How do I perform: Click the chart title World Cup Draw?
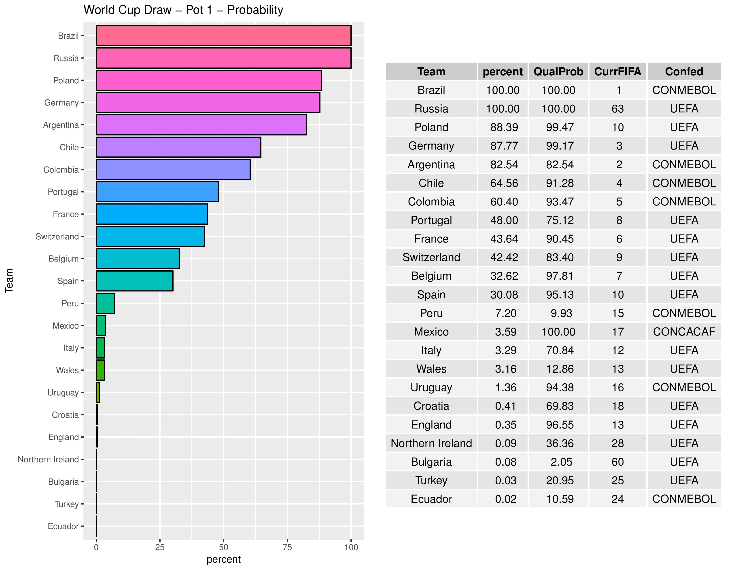183,10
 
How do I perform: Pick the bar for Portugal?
157,192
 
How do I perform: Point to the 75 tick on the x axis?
287,547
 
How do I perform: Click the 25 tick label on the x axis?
160,547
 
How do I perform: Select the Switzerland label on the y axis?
57,236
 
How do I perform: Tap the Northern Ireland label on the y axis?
48,459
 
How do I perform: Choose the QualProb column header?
558,72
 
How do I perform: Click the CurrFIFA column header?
617,72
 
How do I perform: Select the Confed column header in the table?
684,72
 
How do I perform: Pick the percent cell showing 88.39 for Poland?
504,127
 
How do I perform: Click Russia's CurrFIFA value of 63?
617,109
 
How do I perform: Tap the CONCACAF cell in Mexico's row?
684,331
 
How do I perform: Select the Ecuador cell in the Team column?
431,499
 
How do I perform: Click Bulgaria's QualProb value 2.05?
561,462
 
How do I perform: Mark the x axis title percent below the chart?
223,559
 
